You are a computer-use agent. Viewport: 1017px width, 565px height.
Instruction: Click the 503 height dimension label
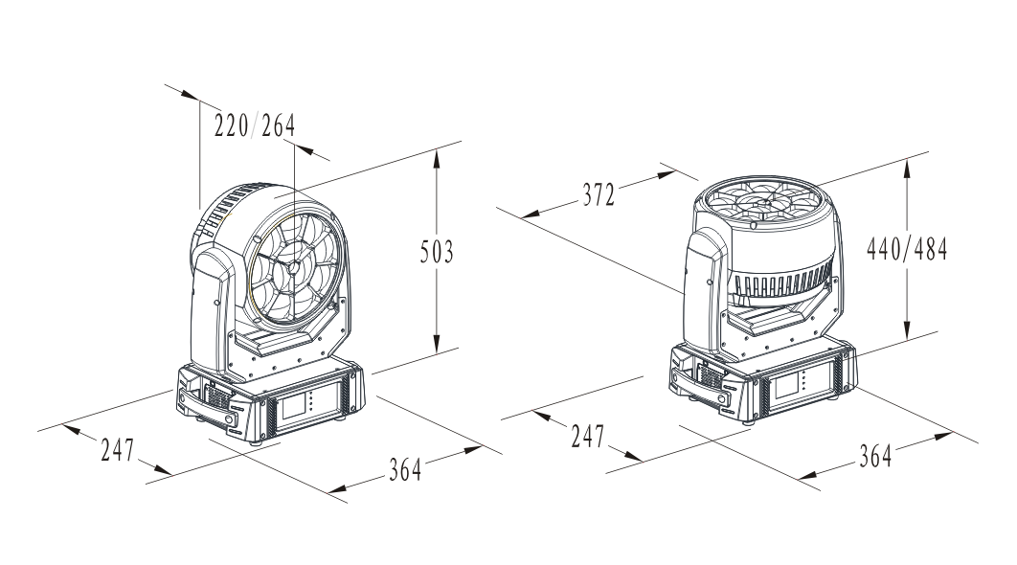[437, 252]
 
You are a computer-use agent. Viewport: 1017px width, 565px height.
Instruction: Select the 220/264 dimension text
[255, 125]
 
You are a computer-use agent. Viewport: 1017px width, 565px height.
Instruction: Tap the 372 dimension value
[598, 194]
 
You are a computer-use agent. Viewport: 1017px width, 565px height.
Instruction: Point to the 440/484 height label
[907, 248]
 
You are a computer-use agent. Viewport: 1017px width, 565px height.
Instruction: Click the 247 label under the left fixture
[118, 449]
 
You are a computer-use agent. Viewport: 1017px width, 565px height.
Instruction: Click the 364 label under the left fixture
[405, 469]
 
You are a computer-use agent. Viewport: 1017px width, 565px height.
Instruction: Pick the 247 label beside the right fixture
[588, 436]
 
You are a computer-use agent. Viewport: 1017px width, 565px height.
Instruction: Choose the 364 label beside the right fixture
[875, 456]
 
